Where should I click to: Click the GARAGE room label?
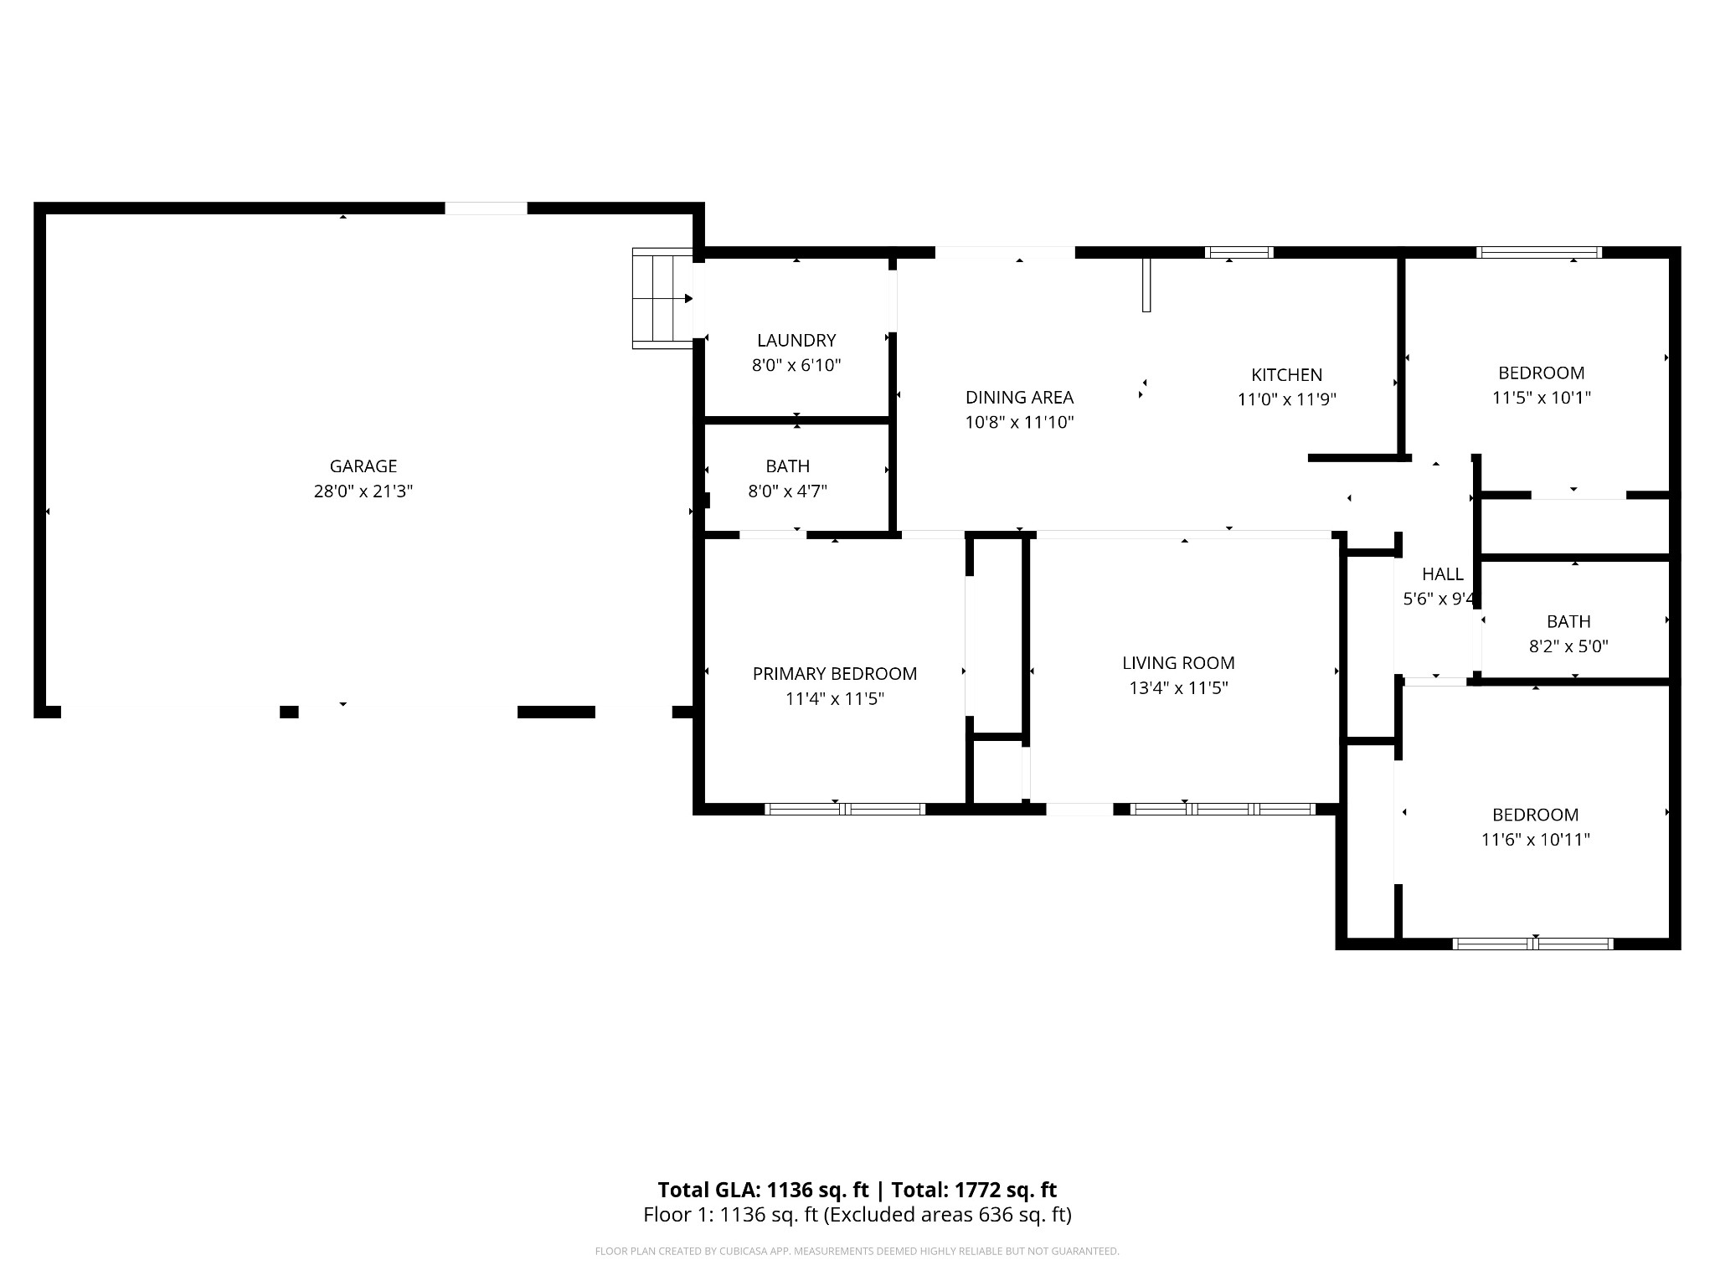click(x=363, y=466)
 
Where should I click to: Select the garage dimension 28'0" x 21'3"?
click(x=363, y=491)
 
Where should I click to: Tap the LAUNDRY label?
click(x=796, y=341)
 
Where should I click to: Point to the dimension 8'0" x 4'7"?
click(x=788, y=491)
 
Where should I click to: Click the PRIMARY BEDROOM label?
click(x=835, y=674)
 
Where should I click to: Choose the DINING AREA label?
click(x=1019, y=398)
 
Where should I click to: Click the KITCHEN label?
click(x=1287, y=375)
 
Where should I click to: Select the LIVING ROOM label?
click(x=1178, y=663)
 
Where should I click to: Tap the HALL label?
click(x=1443, y=574)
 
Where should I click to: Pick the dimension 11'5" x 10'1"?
click(x=1542, y=398)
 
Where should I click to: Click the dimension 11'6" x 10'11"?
click(x=1536, y=840)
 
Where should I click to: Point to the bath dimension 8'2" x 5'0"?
click(x=1568, y=646)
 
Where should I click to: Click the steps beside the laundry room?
click(x=662, y=298)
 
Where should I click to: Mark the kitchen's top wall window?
click(x=1239, y=252)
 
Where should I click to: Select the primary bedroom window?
click(x=845, y=809)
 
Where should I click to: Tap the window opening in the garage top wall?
click(x=486, y=208)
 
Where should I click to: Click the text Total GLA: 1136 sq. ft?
click(x=763, y=1190)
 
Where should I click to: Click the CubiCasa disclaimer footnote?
click(x=857, y=1252)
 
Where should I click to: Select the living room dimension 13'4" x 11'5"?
click(x=1178, y=688)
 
